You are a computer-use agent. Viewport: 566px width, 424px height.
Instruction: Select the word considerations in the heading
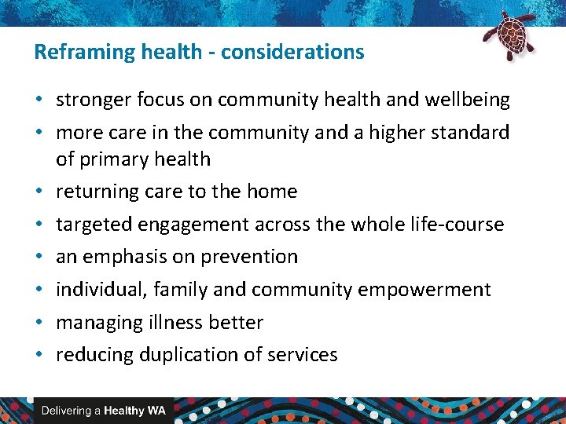(292, 53)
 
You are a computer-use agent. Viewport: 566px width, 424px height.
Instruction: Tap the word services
(302, 355)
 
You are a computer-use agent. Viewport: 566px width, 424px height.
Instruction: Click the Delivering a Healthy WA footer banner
(103, 411)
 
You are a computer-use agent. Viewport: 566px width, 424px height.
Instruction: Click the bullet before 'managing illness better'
(39, 323)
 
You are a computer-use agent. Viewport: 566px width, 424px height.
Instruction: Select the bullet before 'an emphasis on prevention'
(39, 257)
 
